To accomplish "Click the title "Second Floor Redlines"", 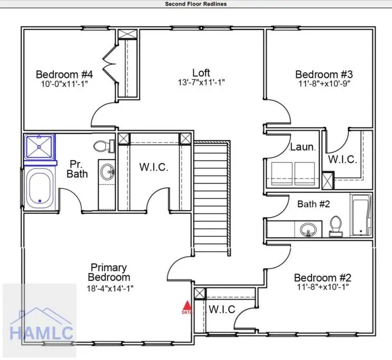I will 196,4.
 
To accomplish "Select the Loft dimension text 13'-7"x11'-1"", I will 201,82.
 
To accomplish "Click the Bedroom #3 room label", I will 323,74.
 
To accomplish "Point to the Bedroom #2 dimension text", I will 322,287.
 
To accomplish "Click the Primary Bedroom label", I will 109,272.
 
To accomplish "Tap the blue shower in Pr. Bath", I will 40,147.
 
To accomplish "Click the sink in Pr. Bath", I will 109,172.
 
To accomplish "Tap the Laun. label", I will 302,148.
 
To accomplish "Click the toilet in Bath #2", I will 335,226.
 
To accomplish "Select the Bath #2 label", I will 313,204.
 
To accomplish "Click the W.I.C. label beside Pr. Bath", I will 154,167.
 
